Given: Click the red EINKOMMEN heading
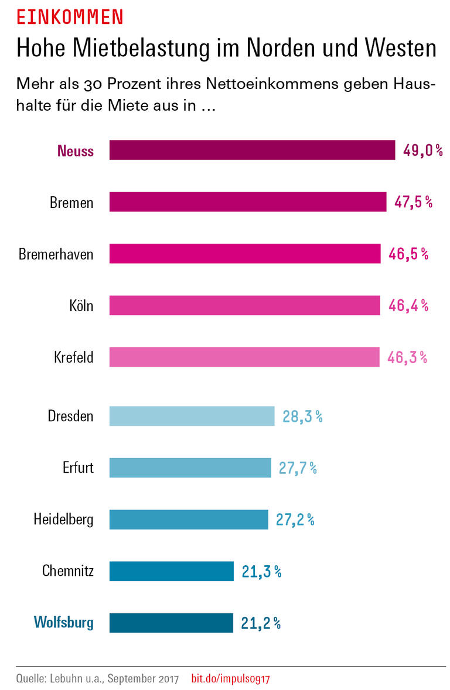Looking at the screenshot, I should click(x=69, y=17).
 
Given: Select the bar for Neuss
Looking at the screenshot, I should click(x=252, y=150).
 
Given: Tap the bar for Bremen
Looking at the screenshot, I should click(x=248, y=202).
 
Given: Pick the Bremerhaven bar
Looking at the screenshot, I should click(x=245, y=254).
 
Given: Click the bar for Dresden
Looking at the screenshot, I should click(x=192, y=416).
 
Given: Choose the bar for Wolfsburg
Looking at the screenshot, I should click(x=171, y=623).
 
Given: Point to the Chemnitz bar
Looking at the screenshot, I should click(x=171, y=571).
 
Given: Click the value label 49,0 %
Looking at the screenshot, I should click(x=422, y=151).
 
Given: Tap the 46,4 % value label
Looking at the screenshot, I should click(x=408, y=305).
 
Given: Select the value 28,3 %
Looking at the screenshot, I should click(x=302, y=416).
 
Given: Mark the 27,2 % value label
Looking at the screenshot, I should click(x=295, y=520).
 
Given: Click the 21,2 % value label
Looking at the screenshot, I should click(x=261, y=623).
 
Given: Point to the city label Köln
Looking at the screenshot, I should click(x=81, y=306).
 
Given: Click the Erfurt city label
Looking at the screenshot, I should click(x=78, y=468).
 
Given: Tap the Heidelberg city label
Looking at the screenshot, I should click(x=63, y=520).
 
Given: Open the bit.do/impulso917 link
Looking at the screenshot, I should click(x=230, y=679).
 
